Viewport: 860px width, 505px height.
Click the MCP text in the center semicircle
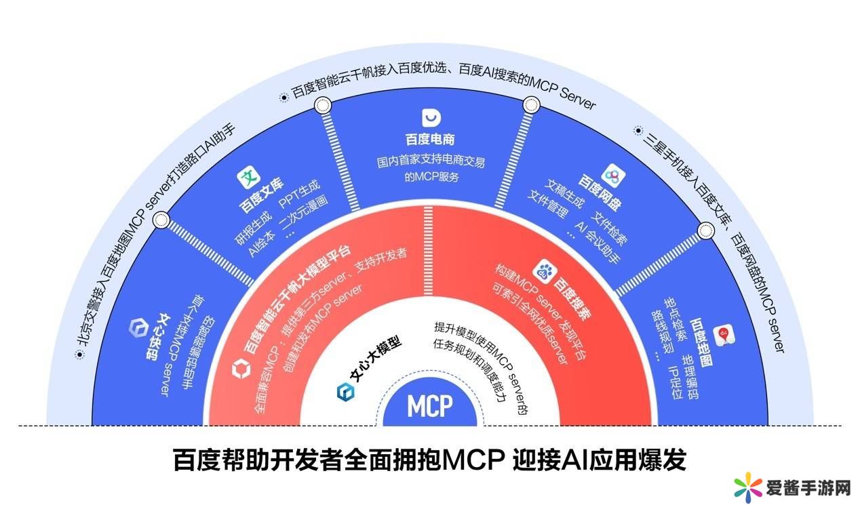coord(429,406)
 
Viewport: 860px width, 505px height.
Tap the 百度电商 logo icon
coord(431,118)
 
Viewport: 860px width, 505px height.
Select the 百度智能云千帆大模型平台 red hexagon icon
coord(241,370)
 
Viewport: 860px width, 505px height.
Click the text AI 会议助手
coord(598,243)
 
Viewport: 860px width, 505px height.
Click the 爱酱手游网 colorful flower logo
coord(748,487)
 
